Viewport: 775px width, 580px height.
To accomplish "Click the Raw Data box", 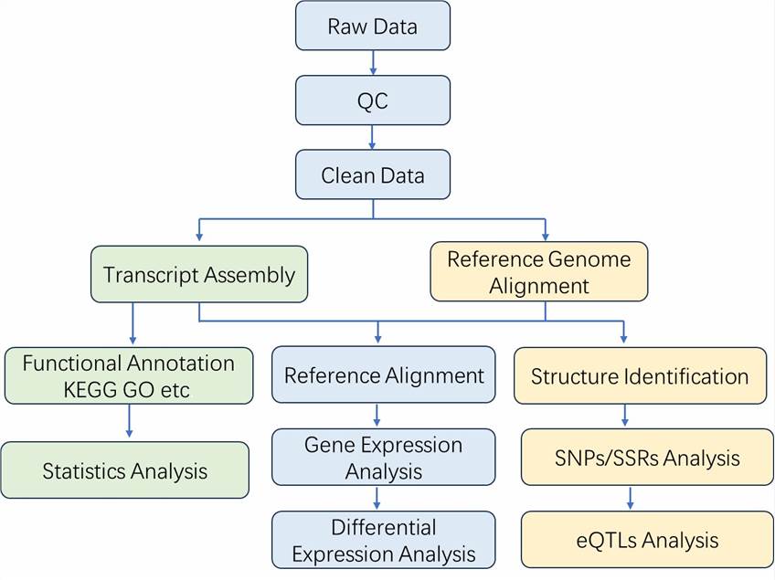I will pos(373,26).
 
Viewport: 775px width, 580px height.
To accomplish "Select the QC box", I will pos(373,100).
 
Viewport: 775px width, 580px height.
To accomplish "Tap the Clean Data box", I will pos(373,174).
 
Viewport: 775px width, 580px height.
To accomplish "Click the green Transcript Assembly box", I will pos(199,274).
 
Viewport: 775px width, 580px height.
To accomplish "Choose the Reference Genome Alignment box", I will pos(538,271).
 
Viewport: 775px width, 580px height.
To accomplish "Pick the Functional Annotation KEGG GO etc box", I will pos(128,375).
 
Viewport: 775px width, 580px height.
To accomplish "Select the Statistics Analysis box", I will pos(124,470).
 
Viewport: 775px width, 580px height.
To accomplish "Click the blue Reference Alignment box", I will pos(383,375).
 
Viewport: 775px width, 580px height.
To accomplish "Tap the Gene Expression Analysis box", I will pos(383,458).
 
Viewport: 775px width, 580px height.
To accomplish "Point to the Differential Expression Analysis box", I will pos(383,540).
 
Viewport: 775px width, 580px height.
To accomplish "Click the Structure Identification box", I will pos(640,375).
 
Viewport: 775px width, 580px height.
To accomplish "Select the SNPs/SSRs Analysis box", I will pos(647,457).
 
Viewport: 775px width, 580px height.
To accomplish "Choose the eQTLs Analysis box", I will pos(647,539).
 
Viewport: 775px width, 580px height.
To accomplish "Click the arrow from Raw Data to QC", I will pos(373,62).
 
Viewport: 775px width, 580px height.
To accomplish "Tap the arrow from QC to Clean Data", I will pos(373,137).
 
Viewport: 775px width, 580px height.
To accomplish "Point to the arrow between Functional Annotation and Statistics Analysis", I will pos(129,422).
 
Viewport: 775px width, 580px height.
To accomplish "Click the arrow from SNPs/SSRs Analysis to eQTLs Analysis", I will pos(631,498).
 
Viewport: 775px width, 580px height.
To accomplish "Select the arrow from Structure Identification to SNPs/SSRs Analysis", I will pos(625,416).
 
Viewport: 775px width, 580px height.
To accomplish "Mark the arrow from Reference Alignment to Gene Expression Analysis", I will pos(377,416).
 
